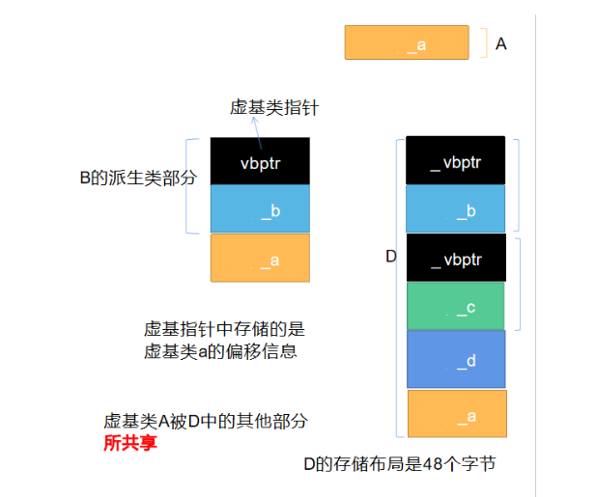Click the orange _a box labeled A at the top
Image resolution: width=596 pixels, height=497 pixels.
pyautogui.click(x=406, y=43)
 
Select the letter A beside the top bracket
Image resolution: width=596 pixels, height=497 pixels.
pyautogui.click(x=501, y=43)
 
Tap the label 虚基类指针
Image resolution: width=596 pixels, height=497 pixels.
pyautogui.click(x=274, y=108)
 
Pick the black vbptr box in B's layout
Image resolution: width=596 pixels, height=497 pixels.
pyautogui.click(x=260, y=162)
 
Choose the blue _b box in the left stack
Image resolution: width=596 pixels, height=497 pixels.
pyautogui.click(x=260, y=209)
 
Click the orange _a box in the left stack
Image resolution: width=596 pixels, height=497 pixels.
pyautogui.click(x=260, y=258)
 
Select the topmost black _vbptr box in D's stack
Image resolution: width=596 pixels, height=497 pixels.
pyautogui.click(x=455, y=161)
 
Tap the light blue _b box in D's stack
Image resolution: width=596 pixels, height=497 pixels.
pyautogui.click(x=455, y=209)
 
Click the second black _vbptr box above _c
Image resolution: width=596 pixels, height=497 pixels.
pyautogui.click(x=455, y=259)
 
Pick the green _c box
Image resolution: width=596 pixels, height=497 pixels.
pyautogui.click(x=455, y=307)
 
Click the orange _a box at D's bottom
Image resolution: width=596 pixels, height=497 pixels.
pyautogui.click(x=455, y=415)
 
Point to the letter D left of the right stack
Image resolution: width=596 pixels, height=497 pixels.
pyautogui.click(x=390, y=257)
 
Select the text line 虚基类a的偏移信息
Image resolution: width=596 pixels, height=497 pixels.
pyautogui.click(x=220, y=351)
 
